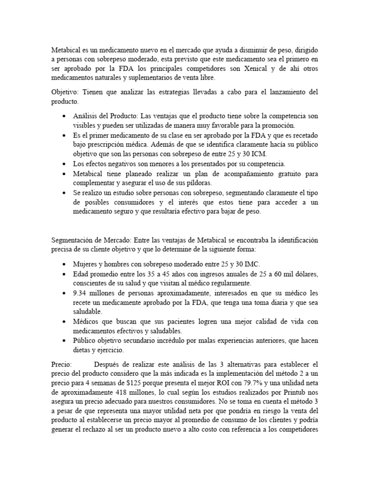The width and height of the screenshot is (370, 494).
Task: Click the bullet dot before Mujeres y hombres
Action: (65, 264)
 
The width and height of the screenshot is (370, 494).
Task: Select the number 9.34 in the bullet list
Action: (81, 293)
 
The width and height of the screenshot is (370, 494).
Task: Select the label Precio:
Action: (61, 365)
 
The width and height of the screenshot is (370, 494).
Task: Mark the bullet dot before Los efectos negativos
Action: (65, 164)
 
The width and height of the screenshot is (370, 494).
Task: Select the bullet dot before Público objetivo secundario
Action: (65, 341)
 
